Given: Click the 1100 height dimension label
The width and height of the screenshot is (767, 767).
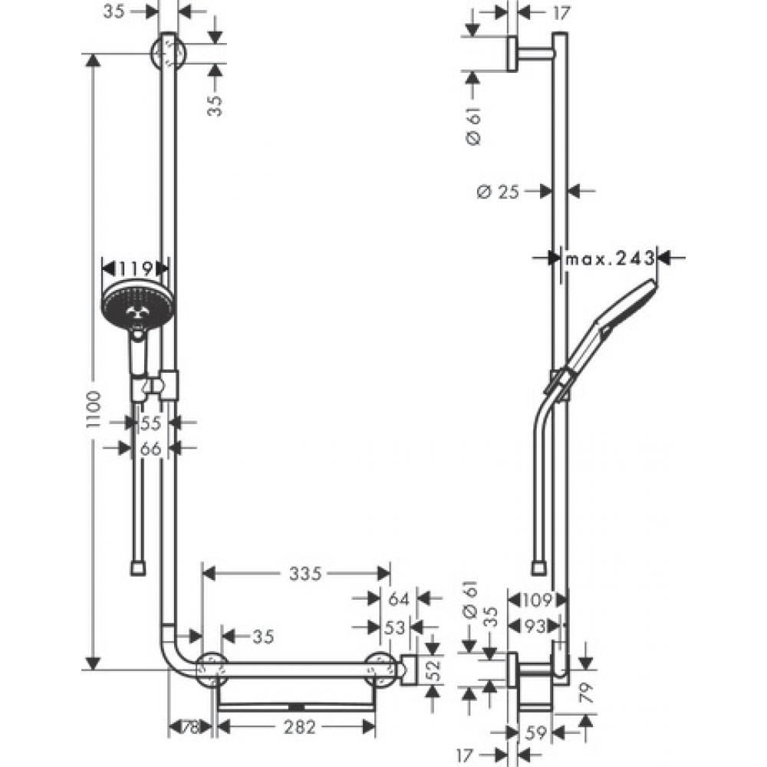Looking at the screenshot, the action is pyautogui.click(x=93, y=410).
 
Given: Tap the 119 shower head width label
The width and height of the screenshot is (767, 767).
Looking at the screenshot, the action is pyautogui.click(x=135, y=268).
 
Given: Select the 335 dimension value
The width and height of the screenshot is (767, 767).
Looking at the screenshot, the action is pyautogui.click(x=305, y=573).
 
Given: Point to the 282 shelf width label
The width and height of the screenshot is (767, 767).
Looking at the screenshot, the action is pyautogui.click(x=300, y=727).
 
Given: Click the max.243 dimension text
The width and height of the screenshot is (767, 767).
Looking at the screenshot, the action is pyautogui.click(x=610, y=258).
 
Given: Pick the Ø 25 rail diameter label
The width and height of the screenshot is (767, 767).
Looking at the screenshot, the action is pyautogui.click(x=498, y=192).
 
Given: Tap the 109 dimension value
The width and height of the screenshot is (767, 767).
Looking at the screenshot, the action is pyautogui.click(x=537, y=600).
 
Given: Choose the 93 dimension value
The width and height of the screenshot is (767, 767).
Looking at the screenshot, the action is pyautogui.click(x=534, y=626).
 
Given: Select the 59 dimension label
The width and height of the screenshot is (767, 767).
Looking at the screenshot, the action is pyautogui.click(x=536, y=732).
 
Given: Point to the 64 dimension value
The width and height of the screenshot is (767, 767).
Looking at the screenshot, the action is pyautogui.click(x=399, y=599).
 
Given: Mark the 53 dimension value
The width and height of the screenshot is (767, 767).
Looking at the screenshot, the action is pyautogui.click(x=395, y=627).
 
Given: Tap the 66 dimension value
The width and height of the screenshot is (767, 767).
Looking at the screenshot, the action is pyautogui.click(x=150, y=448).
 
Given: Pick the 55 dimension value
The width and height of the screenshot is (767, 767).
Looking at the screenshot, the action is pyautogui.click(x=150, y=423).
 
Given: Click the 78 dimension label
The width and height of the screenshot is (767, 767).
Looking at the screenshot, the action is pyautogui.click(x=190, y=727).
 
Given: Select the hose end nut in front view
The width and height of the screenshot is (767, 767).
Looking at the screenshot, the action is pyautogui.click(x=138, y=568).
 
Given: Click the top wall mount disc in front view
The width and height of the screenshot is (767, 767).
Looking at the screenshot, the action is pyautogui.click(x=169, y=53).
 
